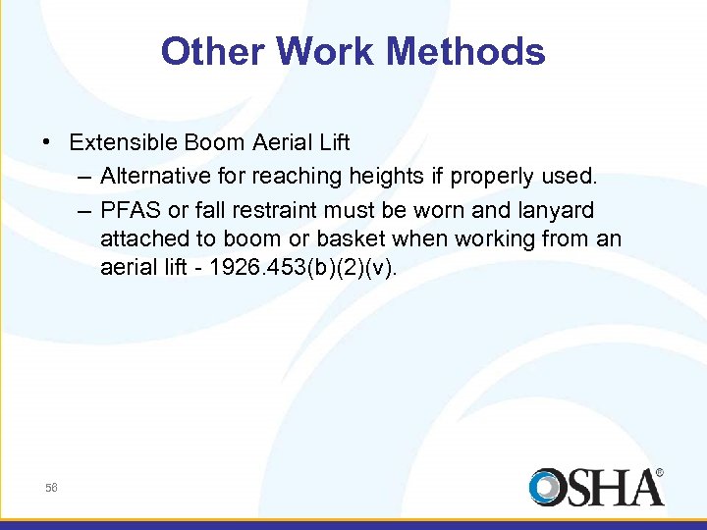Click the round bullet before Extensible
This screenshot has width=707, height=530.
coord(48,142)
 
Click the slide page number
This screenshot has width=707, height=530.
coord(51,488)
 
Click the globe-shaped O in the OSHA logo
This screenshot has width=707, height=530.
coord(547,488)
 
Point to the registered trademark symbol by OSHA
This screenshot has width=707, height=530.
coord(659,472)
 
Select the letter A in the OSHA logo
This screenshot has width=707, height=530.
coord(643,488)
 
